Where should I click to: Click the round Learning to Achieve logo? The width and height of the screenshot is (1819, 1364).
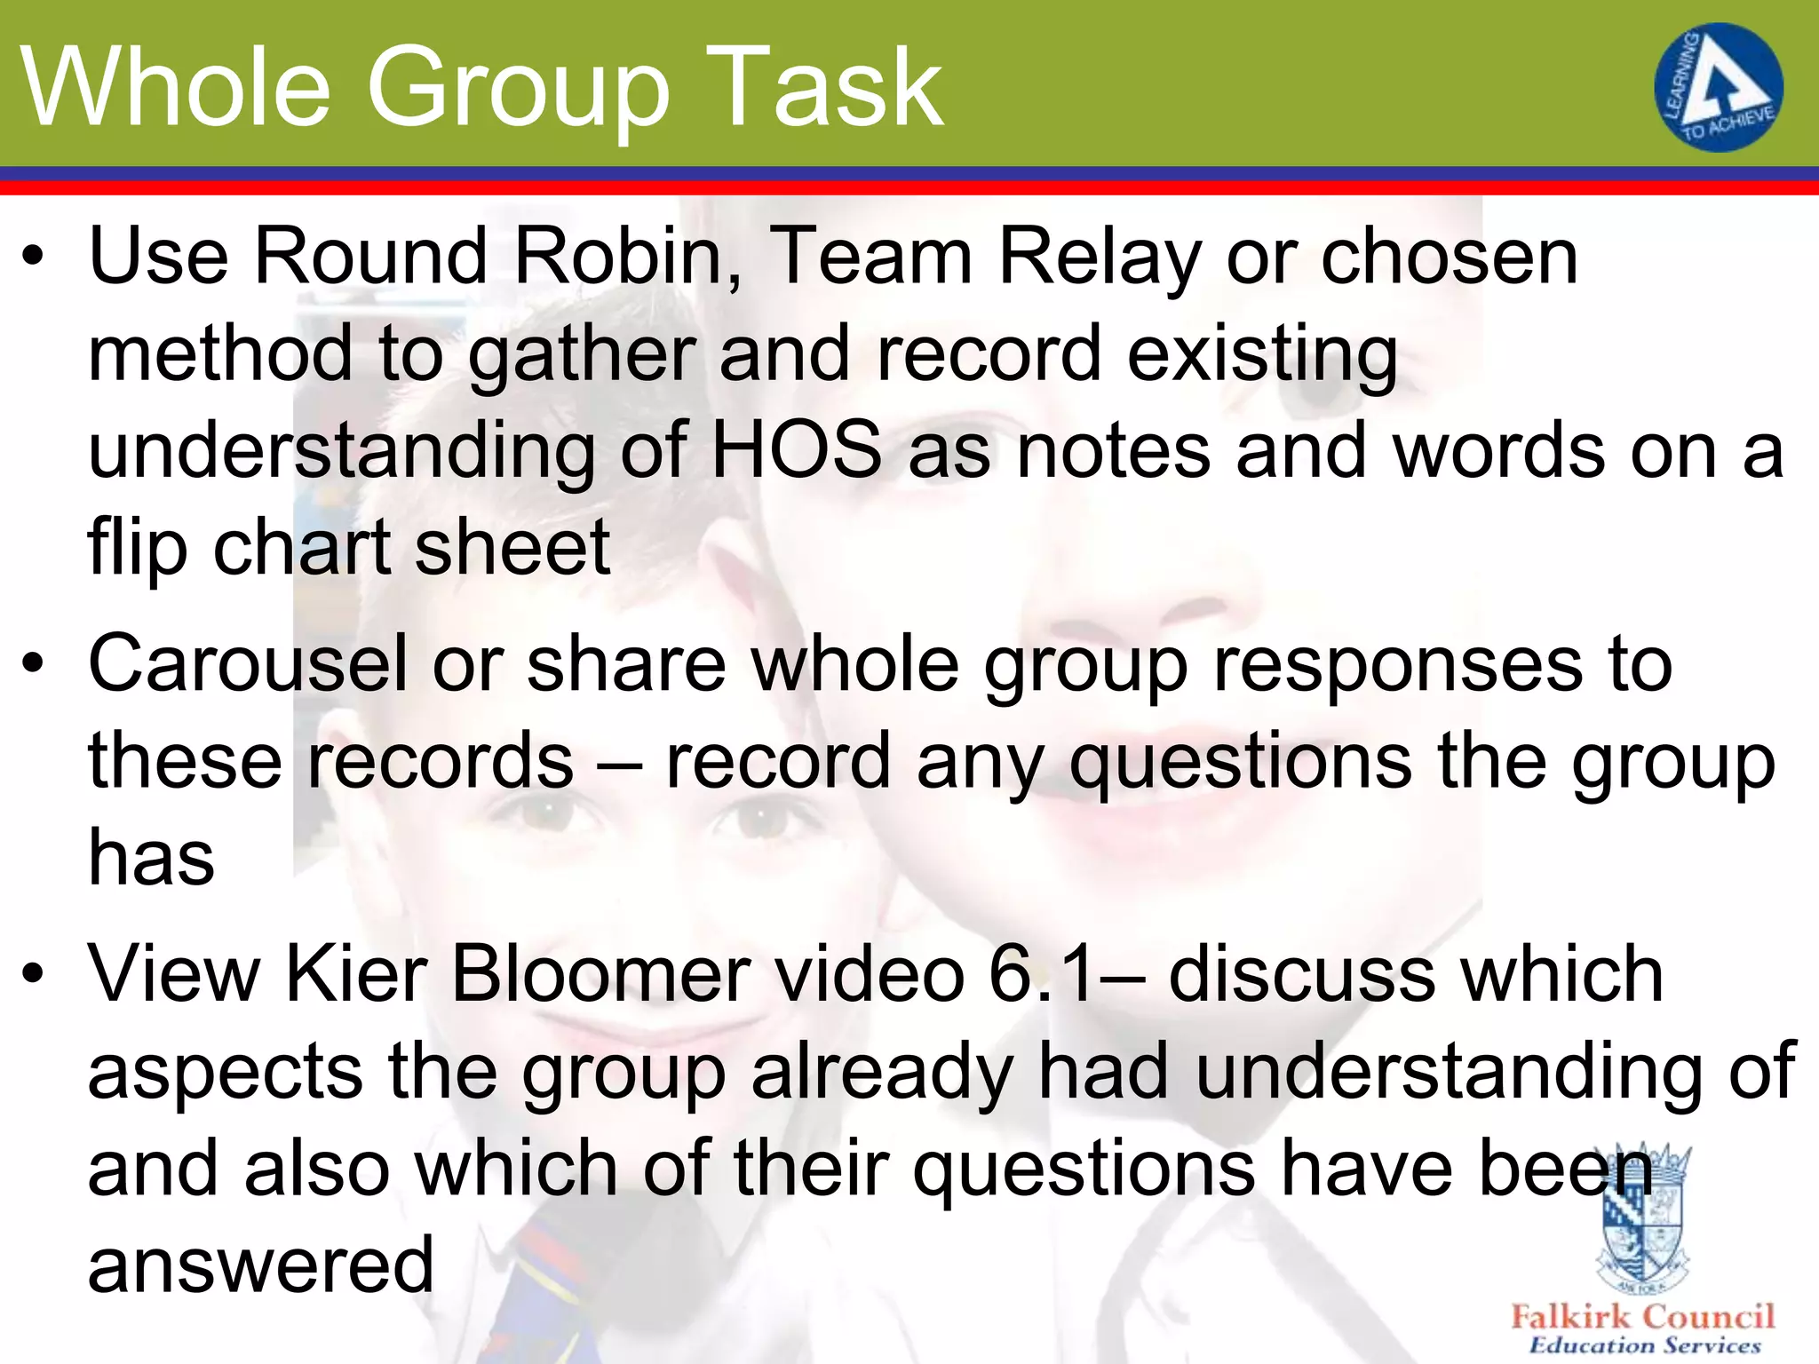click(x=1718, y=87)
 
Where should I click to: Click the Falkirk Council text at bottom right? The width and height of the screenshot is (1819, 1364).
click(x=1642, y=1316)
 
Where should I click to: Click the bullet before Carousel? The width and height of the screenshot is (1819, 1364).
click(x=33, y=665)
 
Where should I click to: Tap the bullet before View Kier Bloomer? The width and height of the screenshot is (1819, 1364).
click(x=33, y=975)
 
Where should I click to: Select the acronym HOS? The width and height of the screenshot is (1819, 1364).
click(x=797, y=450)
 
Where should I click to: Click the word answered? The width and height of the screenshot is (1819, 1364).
click(x=261, y=1265)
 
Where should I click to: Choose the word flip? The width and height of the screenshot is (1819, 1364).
click(x=137, y=547)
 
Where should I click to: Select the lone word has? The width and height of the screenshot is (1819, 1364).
click(x=151, y=858)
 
